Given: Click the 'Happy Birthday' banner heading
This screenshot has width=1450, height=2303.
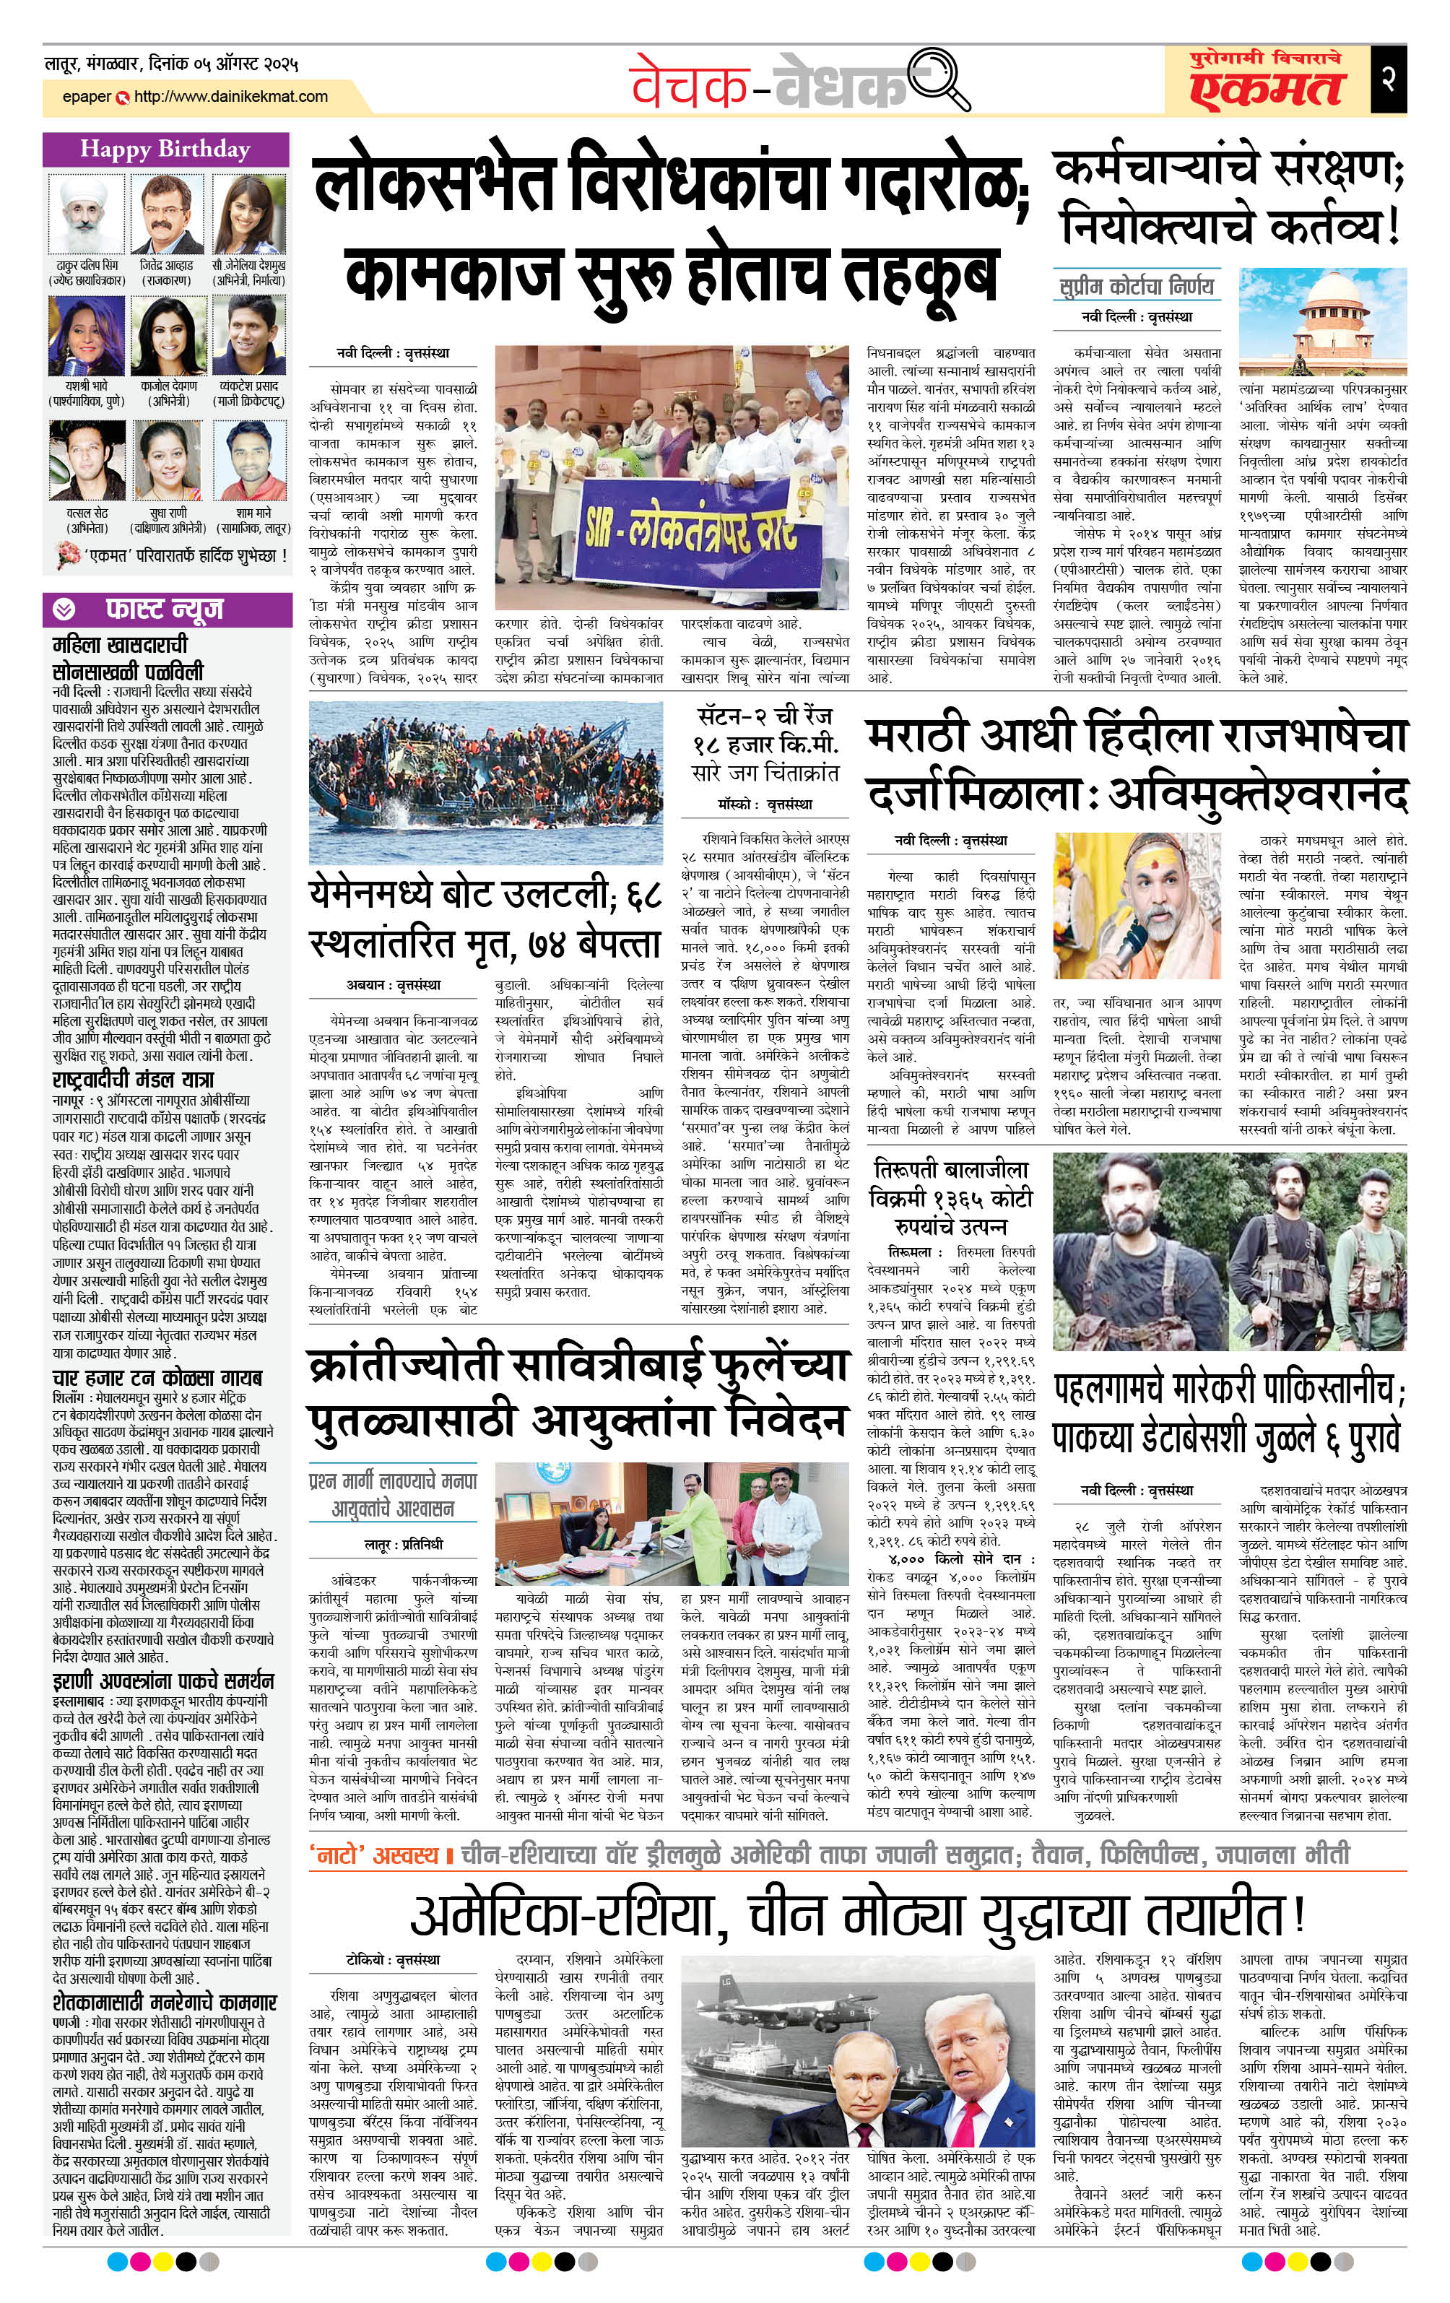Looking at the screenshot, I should pos(165,149).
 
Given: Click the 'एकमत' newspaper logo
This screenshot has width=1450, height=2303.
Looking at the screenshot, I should pos(1267,88).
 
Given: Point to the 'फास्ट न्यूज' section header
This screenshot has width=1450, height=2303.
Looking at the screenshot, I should pos(165,610).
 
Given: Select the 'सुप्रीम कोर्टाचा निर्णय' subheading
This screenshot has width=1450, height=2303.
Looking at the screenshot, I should pos(1137,285).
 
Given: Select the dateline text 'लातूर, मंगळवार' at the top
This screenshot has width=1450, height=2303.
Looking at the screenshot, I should pos(105,65).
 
